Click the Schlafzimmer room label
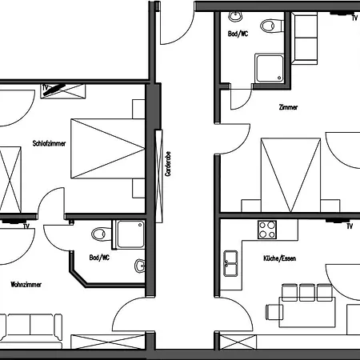49,143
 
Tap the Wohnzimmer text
26,285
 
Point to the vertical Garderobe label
168,164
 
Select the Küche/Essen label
279,258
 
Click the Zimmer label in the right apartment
288,107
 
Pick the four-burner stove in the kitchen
267,230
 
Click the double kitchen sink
230,263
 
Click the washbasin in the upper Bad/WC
235,17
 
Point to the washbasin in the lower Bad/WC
140,266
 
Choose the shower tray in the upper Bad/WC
270,68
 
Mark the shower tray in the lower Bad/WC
130,234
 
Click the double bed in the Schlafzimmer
108,149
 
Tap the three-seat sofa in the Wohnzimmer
31,330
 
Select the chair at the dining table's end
274,312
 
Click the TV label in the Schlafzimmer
46,87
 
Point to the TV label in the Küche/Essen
350,226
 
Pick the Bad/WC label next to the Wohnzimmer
99,258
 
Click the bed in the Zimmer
290,175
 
